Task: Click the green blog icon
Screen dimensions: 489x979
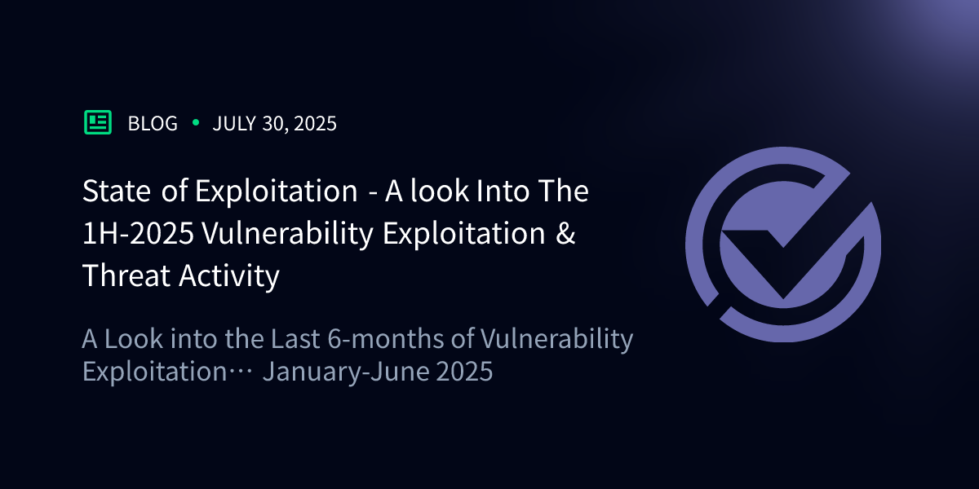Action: coord(98,122)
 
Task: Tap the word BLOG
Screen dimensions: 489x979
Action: coord(153,124)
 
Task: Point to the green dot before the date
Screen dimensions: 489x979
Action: coord(195,123)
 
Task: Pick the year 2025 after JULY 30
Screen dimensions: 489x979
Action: coord(316,124)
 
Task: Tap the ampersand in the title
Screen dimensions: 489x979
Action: coord(566,234)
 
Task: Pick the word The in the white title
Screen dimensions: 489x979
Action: coord(561,192)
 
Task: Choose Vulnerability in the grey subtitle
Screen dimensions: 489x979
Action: coord(558,339)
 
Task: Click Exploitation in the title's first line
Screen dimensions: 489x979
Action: coord(276,192)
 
